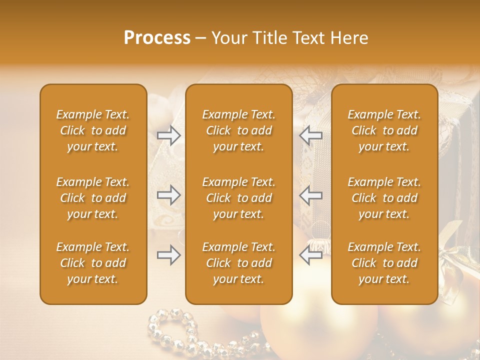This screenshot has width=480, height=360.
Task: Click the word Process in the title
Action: (x=157, y=38)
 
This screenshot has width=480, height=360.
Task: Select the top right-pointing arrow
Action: (x=169, y=135)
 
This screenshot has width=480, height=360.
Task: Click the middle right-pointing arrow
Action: (x=169, y=195)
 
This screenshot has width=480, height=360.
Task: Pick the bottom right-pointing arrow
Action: (x=169, y=255)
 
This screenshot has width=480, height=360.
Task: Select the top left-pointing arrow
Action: (x=310, y=135)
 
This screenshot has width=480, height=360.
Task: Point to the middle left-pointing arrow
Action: (x=310, y=195)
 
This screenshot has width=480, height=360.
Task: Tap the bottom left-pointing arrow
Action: (x=310, y=255)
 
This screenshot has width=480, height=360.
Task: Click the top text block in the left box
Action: (x=93, y=130)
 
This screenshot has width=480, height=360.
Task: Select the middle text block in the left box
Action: (x=93, y=198)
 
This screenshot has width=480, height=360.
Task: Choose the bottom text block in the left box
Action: (x=93, y=263)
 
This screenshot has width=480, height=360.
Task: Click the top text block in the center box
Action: (x=239, y=130)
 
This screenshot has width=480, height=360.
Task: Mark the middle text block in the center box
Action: (x=239, y=198)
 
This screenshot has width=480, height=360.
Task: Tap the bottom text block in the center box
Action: (x=239, y=263)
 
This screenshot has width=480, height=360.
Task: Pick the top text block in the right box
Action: (x=384, y=130)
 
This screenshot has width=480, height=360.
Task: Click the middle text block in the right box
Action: (x=384, y=198)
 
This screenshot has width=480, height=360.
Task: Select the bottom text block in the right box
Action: (x=384, y=263)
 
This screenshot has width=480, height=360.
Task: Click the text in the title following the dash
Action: (x=290, y=38)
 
